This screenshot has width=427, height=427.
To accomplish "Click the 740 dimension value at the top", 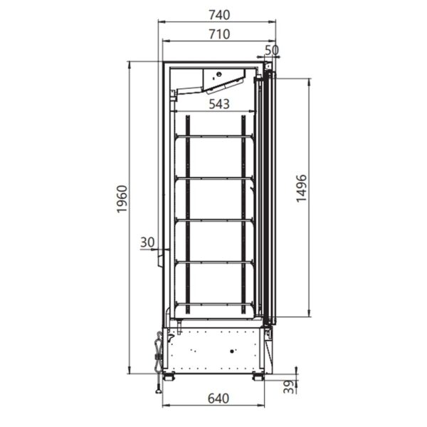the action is click(219, 15).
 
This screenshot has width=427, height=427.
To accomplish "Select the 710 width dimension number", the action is click(219, 34).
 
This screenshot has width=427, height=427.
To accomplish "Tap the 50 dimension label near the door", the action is click(272, 50).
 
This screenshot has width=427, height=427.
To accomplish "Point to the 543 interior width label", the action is click(219, 104).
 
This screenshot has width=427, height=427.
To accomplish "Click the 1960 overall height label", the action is click(122, 199).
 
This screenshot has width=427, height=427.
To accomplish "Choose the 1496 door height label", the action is click(301, 188).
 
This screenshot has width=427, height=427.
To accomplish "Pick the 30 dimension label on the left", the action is click(147, 242).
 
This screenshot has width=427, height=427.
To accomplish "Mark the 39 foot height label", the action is click(289, 386).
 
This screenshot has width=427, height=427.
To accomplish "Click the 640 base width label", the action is click(218, 398).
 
